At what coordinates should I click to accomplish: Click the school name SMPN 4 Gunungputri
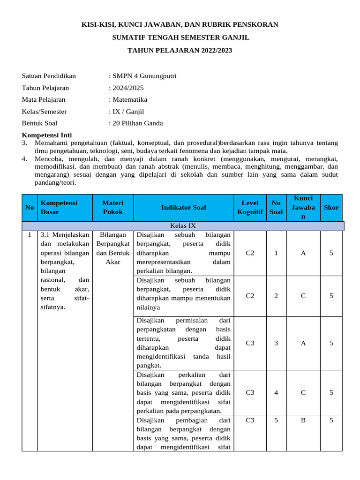click(144, 76)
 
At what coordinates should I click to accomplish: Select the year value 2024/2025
click(127, 88)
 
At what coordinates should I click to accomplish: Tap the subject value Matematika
click(129, 99)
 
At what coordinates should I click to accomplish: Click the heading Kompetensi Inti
click(47, 135)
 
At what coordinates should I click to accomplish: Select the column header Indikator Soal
click(183, 207)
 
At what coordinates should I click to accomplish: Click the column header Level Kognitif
click(250, 207)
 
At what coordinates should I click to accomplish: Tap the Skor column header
click(331, 207)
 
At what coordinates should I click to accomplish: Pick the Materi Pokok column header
click(113, 207)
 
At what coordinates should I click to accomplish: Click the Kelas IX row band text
click(183, 226)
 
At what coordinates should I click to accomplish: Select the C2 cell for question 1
click(250, 253)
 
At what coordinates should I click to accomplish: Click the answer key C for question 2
click(303, 296)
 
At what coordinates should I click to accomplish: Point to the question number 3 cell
click(276, 343)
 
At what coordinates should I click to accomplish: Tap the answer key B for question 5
click(303, 420)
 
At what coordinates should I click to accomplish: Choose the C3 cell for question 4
click(250, 393)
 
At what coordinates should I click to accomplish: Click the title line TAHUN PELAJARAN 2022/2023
click(180, 50)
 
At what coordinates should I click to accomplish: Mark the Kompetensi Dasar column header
click(59, 207)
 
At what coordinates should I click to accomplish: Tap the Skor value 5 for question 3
click(331, 343)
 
